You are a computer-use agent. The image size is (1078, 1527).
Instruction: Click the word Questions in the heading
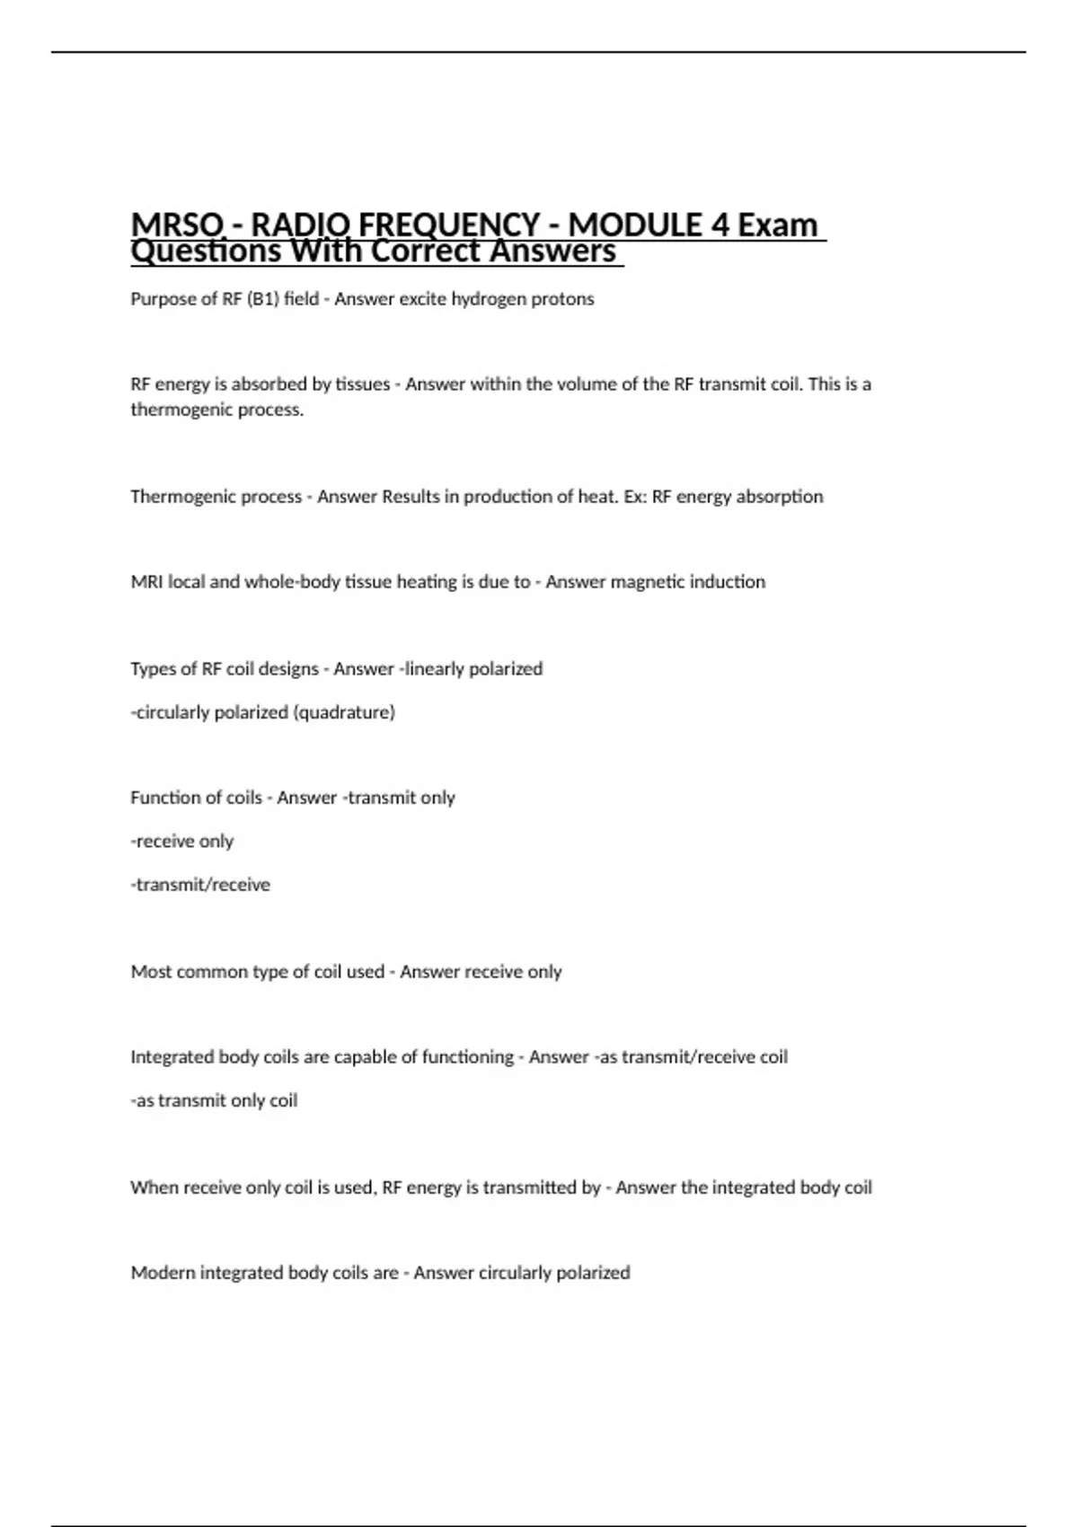(206, 252)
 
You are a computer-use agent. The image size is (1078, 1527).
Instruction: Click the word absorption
(779, 497)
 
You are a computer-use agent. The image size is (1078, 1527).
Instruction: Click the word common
(210, 972)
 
